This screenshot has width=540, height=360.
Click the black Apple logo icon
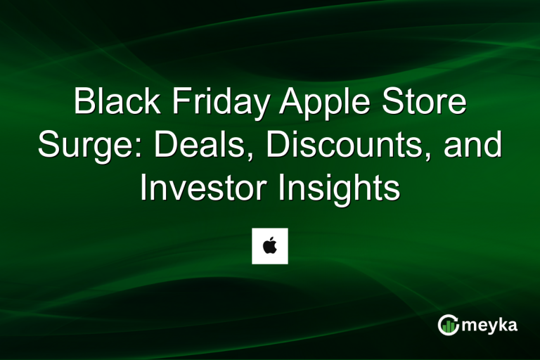(x=270, y=247)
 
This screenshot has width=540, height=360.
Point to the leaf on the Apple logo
(x=272, y=239)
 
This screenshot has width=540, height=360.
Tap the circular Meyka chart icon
(x=449, y=324)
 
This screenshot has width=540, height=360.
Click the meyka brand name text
(x=492, y=325)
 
